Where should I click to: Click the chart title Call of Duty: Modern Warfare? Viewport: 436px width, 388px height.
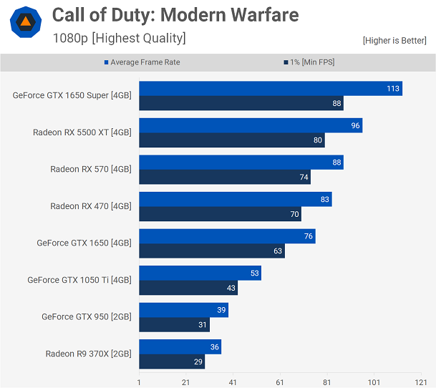(175, 14)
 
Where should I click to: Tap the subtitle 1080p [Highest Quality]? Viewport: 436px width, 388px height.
(119, 38)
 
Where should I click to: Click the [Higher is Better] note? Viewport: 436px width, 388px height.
(394, 41)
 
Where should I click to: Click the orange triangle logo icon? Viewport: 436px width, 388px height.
(25, 22)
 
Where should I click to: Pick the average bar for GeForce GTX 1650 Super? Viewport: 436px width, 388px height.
(270, 89)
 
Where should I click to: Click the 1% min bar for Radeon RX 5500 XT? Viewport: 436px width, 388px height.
(231, 140)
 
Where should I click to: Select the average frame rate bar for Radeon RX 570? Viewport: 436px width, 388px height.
(241, 163)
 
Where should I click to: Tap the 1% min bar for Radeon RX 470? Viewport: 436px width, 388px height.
(220, 214)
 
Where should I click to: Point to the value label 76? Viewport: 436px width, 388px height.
(308, 236)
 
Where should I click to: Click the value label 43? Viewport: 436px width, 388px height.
(231, 288)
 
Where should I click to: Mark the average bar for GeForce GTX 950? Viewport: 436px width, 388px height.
(183, 310)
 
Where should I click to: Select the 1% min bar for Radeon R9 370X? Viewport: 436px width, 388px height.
(172, 362)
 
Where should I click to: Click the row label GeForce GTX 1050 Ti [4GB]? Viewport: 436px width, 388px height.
(79, 280)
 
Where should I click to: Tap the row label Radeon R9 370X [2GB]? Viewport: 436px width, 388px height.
(88, 354)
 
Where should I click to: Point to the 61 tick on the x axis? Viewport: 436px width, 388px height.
(280, 382)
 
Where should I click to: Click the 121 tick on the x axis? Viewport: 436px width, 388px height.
(420, 382)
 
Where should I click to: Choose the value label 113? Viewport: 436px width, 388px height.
(392, 89)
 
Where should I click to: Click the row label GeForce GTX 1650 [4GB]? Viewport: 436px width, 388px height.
(84, 243)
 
